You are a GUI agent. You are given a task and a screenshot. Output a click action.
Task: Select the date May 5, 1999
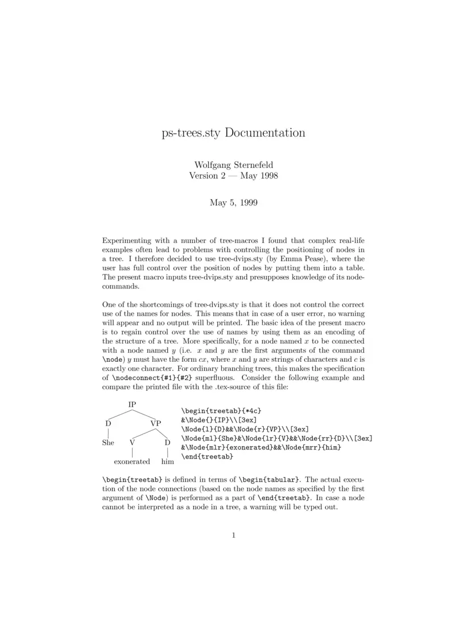pyautogui.click(x=233, y=203)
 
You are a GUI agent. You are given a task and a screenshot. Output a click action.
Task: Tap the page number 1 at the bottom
pyautogui.click(x=233, y=535)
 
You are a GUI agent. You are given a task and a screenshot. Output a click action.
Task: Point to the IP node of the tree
pyautogui.click(x=132, y=405)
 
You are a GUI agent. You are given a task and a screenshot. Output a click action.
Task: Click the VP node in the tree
pyautogui.click(x=156, y=423)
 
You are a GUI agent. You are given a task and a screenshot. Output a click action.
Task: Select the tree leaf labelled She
pyautogui.click(x=108, y=443)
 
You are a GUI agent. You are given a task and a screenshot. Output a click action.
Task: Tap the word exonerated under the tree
pyautogui.click(x=132, y=461)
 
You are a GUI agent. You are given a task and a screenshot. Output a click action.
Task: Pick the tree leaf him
pyautogui.click(x=167, y=461)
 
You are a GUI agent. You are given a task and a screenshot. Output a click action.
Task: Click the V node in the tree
pyautogui.click(x=132, y=443)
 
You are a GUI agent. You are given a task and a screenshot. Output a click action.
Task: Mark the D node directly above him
pyautogui.click(x=167, y=443)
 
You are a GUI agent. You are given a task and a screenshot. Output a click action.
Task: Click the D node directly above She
pyautogui.click(x=108, y=423)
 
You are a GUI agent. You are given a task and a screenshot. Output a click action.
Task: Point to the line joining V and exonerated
pyautogui.click(x=132, y=452)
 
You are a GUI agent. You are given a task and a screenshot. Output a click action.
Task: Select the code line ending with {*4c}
pyautogui.click(x=221, y=410)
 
